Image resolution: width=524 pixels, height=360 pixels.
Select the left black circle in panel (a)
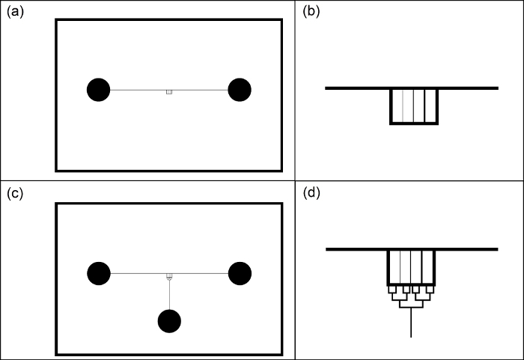click(x=99, y=90)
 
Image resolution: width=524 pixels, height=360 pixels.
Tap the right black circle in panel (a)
click(x=240, y=90)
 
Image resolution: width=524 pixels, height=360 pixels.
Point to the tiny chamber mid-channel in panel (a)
click(x=169, y=92)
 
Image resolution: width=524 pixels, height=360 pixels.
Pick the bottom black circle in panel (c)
click(x=170, y=321)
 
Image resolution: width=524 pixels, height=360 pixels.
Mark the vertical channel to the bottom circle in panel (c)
click(x=170, y=296)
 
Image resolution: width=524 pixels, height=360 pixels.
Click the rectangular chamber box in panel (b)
click(x=412, y=106)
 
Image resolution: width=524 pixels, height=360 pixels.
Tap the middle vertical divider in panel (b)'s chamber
click(x=412, y=106)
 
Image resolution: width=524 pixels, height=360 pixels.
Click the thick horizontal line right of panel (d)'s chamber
click(x=468, y=248)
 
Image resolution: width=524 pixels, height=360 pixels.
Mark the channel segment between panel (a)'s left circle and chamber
click(x=138, y=90)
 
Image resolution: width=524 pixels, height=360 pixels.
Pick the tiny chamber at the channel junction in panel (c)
click(x=170, y=276)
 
